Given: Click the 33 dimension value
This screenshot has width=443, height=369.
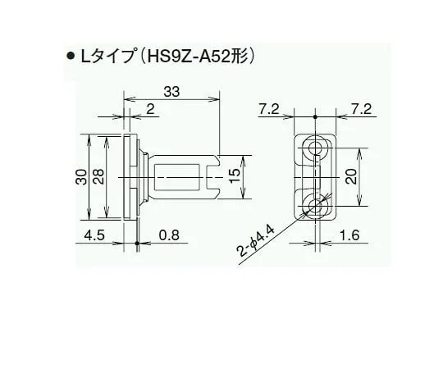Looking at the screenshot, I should pos(172,93).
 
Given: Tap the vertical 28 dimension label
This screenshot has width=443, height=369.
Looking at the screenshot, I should pos(98,177).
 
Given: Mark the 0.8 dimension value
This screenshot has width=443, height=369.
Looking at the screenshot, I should pos(169,236).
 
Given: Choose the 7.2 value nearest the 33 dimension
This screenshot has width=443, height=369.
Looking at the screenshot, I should pos(266,109).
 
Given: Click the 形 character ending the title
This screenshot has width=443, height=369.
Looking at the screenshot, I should pos(240,57).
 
